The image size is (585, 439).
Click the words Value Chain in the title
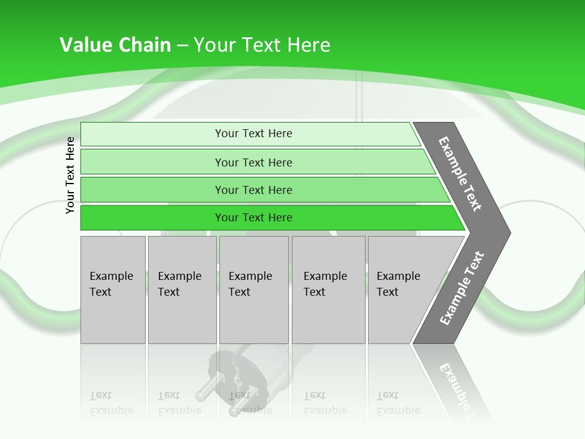click(115, 45)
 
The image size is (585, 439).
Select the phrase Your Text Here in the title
click(262, 45)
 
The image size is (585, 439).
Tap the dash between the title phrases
click(182, 46)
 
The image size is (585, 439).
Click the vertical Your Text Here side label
click(71, 175)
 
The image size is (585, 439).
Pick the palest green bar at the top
click(253, 134)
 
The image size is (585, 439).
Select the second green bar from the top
click(253, 162)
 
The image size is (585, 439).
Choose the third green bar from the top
click(253, 190)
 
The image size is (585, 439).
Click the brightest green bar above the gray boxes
click(253, 218)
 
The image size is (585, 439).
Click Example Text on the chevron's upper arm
click(460, 174)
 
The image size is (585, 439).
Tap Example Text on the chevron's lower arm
click(461, 288)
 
